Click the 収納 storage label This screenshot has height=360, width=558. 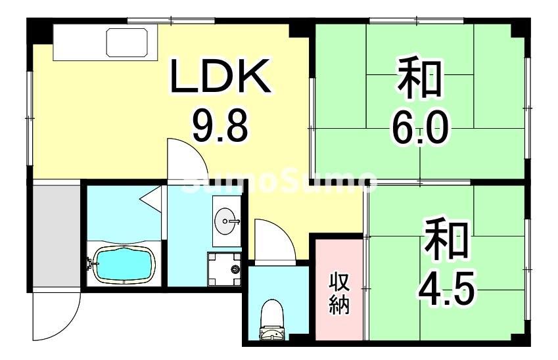339,293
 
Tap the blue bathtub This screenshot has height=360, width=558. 125,264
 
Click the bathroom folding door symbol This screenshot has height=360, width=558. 152,197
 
